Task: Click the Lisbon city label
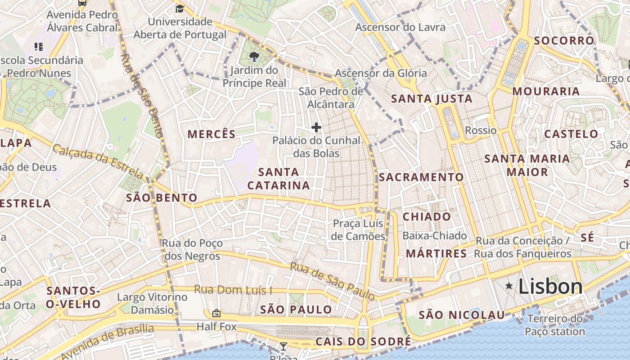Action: (550, 287)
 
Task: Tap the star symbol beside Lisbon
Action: (509, 286)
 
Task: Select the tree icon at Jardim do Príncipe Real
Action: (254, 57)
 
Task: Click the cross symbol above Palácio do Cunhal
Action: (316, 127)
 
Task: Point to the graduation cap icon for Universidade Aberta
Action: (180, 9)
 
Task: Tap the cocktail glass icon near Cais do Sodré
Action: (283, 346)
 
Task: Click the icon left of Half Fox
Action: (216, 313)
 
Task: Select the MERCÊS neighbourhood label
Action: (211, 134)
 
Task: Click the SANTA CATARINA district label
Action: (279, 179)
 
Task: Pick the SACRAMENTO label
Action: (421, 177)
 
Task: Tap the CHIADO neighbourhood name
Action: (427, 217)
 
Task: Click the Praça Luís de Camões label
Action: (358, 230)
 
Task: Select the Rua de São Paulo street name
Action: (333, 282)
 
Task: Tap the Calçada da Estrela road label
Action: (98, 161)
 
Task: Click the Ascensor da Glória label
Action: (381, 73)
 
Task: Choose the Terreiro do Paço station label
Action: (555, 325)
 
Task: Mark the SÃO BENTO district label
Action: (162, 198)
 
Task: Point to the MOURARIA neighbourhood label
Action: (546, 91)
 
